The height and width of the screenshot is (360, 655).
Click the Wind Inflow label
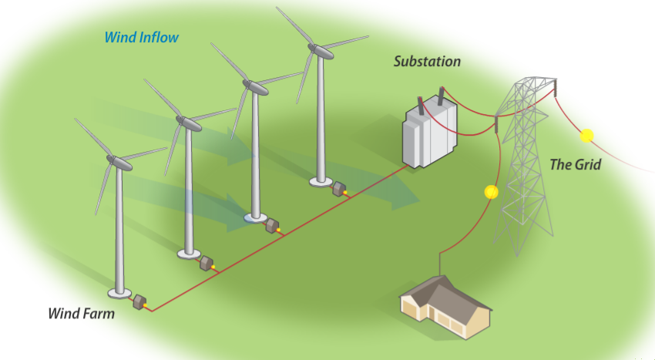[141, 37]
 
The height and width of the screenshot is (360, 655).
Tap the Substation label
[427, 61]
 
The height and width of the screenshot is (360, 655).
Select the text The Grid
[575, 164]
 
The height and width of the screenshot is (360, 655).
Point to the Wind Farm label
[81, 314]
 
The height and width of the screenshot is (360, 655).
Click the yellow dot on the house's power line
[491, 192]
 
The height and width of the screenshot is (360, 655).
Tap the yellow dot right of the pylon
[586, 136]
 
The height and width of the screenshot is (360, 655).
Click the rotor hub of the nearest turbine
[115, 162]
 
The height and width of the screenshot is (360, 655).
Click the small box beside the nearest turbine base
[140, 301]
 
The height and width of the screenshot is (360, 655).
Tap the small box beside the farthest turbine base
[338, 188]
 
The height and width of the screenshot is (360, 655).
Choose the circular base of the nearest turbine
[119, 293]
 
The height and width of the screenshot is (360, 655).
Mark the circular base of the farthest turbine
[320, 182]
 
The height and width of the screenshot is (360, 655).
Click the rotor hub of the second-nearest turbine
[183, 121]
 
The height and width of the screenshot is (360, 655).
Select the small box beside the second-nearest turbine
[206, 263]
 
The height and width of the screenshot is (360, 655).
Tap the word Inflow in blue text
[160, 37]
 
